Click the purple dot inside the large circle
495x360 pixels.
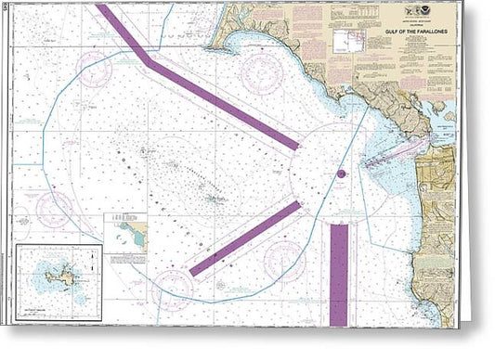tap(341, 174)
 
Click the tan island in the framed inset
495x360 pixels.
tap(57, 275)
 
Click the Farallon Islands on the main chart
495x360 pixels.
tap(215, 197)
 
